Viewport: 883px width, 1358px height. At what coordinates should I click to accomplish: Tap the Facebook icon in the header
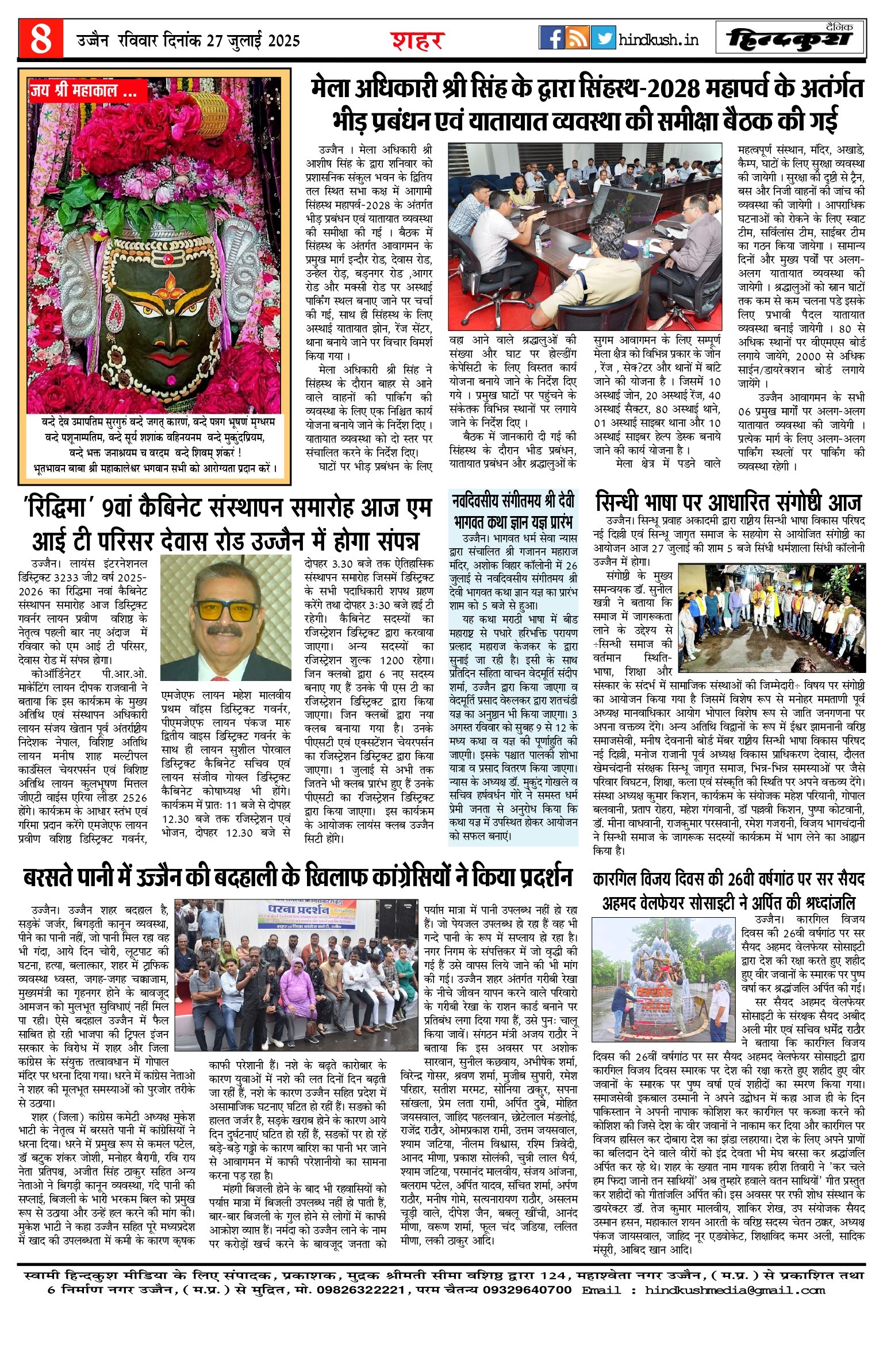tap(551, 38)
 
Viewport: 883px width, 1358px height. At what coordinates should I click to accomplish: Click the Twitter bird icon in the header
tap(603, 38)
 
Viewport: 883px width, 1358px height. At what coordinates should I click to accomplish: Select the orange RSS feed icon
tap(577, 38)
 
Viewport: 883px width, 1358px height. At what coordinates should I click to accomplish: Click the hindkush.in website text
tap(658, 40)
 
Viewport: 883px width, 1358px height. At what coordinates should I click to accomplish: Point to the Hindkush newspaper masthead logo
tap(790, 39)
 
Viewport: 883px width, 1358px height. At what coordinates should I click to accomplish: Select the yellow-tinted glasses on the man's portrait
tap(226, 609)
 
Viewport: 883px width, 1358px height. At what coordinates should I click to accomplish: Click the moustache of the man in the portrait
tap(226, 631)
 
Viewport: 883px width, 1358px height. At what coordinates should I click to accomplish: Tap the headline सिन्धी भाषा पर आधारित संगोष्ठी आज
tap(728, 502)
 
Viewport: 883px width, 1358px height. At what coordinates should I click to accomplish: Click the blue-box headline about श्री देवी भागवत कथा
tap(513, 510)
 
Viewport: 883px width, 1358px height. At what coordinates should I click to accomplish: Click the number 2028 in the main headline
tap(674, 89)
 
